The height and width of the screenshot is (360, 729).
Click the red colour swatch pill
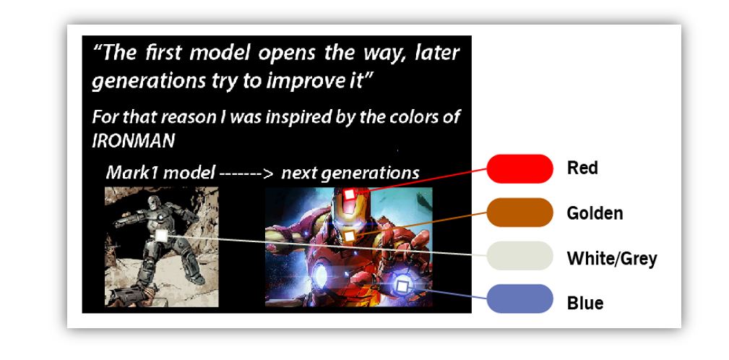pyautogui.click(x=519, y=169)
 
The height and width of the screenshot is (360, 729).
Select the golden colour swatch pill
pyautogui.click(x=519, y=213)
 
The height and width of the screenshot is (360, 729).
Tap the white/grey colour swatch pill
pyautogui.click(x=519, y=256)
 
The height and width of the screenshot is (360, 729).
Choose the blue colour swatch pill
pyautogui.click(x=519, y=299)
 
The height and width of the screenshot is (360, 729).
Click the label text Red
pyautogui.click(x=582, y=168)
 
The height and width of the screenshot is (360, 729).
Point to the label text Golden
pyautogui.click(x=595, y=213)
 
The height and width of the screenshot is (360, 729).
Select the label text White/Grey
pyautogui.click(x=612, y=258)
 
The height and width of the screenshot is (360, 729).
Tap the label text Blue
pyautogui.click(x=585, y=304)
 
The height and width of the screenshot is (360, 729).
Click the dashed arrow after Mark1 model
pyautogui.click(x=246, y=174)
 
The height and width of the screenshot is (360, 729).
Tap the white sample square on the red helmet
pyautogui.click(x=349, y=194)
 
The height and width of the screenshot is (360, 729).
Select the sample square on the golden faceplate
pyautogui.click(x=349, y=236)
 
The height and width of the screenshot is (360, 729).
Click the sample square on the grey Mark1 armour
pyautogui.click(x=161, y=236)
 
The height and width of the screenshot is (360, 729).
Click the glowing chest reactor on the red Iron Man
pyautogui.click(x=320, y=275)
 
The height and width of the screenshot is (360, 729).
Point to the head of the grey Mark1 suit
pyautogui.click(x=154, y=204)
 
